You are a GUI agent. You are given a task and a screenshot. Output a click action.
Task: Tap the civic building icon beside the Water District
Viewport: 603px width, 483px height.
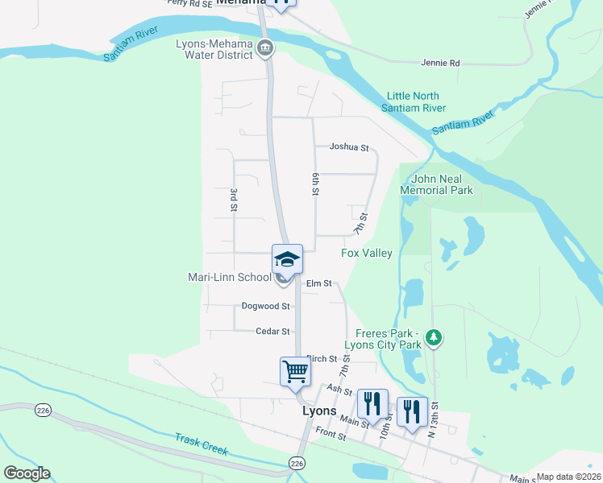point(264,50)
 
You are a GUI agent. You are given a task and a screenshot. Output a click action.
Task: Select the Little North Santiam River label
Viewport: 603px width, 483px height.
point(416,101)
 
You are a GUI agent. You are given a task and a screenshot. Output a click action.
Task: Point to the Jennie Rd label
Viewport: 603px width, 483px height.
point(440,63)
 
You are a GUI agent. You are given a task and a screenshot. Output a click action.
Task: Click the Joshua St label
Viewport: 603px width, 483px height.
point(348,147)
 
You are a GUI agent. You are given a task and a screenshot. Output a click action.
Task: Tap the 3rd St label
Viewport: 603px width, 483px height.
point(233,200)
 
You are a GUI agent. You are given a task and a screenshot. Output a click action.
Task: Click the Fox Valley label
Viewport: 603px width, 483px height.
point(367,253)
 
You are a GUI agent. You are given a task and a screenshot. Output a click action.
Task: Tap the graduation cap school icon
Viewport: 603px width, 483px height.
point(287,258)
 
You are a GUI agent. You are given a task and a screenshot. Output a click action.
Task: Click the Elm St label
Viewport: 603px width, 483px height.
point(319,283)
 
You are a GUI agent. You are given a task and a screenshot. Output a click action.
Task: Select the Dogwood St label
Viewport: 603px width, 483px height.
point(265,306)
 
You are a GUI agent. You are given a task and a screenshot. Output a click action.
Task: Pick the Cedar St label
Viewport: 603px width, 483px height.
point(272,331)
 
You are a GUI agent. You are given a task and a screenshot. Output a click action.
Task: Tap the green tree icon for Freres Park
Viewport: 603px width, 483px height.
point(435,336)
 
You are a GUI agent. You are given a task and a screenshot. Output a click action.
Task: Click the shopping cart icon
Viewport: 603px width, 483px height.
point(295,371)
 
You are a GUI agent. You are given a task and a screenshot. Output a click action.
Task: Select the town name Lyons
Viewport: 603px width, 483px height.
point(318,410)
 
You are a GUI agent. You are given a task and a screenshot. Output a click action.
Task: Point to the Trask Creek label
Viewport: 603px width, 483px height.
point(202,443)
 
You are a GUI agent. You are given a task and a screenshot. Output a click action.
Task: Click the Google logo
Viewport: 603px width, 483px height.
point(26,473)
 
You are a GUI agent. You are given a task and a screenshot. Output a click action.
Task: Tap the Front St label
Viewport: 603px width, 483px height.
point(331,436)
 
